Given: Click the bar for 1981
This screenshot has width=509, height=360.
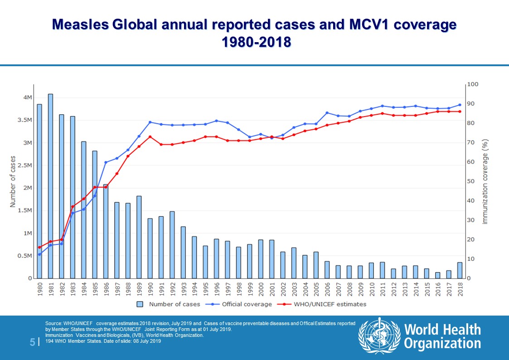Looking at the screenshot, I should click(50, 186).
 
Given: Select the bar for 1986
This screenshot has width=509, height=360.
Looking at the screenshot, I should click(106, 231).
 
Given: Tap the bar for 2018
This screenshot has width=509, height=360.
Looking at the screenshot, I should click(460, 270).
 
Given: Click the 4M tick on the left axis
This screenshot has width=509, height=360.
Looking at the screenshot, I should click(27, 98).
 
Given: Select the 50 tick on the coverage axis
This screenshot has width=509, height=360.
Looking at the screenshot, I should click(472, 181).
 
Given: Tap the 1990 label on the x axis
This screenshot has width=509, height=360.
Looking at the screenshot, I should click(150, 289).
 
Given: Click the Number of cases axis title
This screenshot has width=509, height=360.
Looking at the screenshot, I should click(13, 181).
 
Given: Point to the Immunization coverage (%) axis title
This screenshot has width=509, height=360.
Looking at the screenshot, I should click(485, 181).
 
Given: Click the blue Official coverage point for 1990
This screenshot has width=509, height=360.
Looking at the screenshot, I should click(150, 122).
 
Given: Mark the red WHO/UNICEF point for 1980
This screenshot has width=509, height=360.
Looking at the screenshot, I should click(39, 247).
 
